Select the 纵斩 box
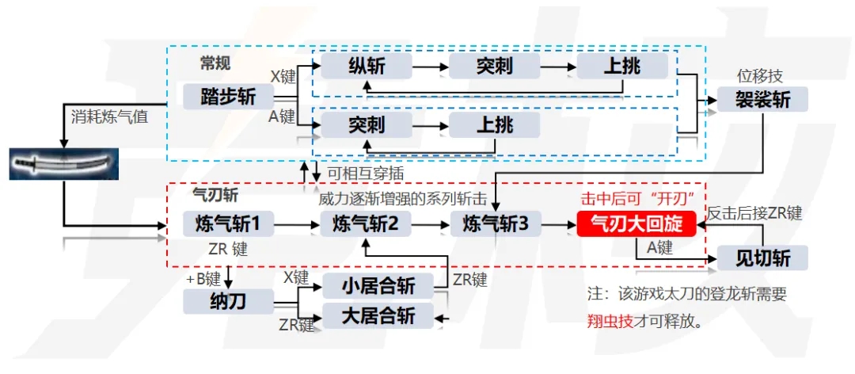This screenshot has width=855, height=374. [x=367, y=66]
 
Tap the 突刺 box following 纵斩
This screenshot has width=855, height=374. [x=494, y=66]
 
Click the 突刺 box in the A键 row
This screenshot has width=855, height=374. [x=367, y=124]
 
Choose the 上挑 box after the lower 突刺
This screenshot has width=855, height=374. [x=494, y=124]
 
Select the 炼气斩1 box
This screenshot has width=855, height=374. [x=228, y=225]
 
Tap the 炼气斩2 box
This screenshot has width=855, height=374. [x=367, y=225]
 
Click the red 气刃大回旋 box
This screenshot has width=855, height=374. [x=636, y=225]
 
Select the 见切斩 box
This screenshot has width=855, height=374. [x=762, y=258]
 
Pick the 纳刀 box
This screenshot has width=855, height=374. [x=228, y=300]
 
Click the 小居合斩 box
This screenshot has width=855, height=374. [x=378, y=286]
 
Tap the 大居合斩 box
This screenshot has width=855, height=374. [x=378, y=315]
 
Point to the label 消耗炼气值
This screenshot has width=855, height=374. [x=108, y=117]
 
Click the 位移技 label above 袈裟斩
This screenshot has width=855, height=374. [x=759, y=76]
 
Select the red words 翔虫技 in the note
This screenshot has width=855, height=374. [x=610, y=322]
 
